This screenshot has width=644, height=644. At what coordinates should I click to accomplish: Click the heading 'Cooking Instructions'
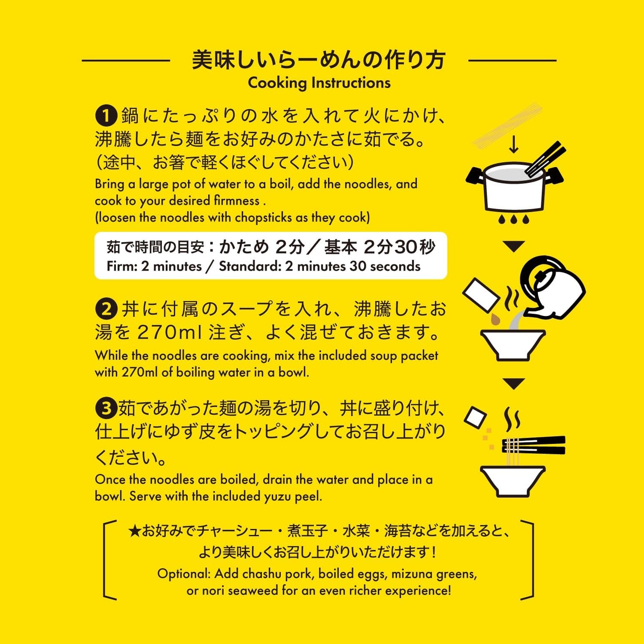319,83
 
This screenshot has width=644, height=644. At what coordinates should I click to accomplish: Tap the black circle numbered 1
106,116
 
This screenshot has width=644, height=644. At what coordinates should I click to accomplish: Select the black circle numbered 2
106,309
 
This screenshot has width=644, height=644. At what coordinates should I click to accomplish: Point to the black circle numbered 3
106,408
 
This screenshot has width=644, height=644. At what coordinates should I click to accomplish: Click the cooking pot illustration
514,187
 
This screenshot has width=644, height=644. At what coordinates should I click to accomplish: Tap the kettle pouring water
553,287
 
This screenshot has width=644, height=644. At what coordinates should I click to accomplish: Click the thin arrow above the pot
514,144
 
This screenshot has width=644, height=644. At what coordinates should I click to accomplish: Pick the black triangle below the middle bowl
514,383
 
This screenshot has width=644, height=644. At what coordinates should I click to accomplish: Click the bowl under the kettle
513,345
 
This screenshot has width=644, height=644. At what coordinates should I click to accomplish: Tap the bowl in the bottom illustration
513,480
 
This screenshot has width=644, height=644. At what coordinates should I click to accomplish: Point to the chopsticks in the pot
545,159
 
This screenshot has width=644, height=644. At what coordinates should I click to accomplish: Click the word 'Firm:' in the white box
122,267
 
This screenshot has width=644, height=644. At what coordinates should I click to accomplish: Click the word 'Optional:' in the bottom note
184,574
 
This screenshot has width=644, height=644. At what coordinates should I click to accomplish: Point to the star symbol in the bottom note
134,531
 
